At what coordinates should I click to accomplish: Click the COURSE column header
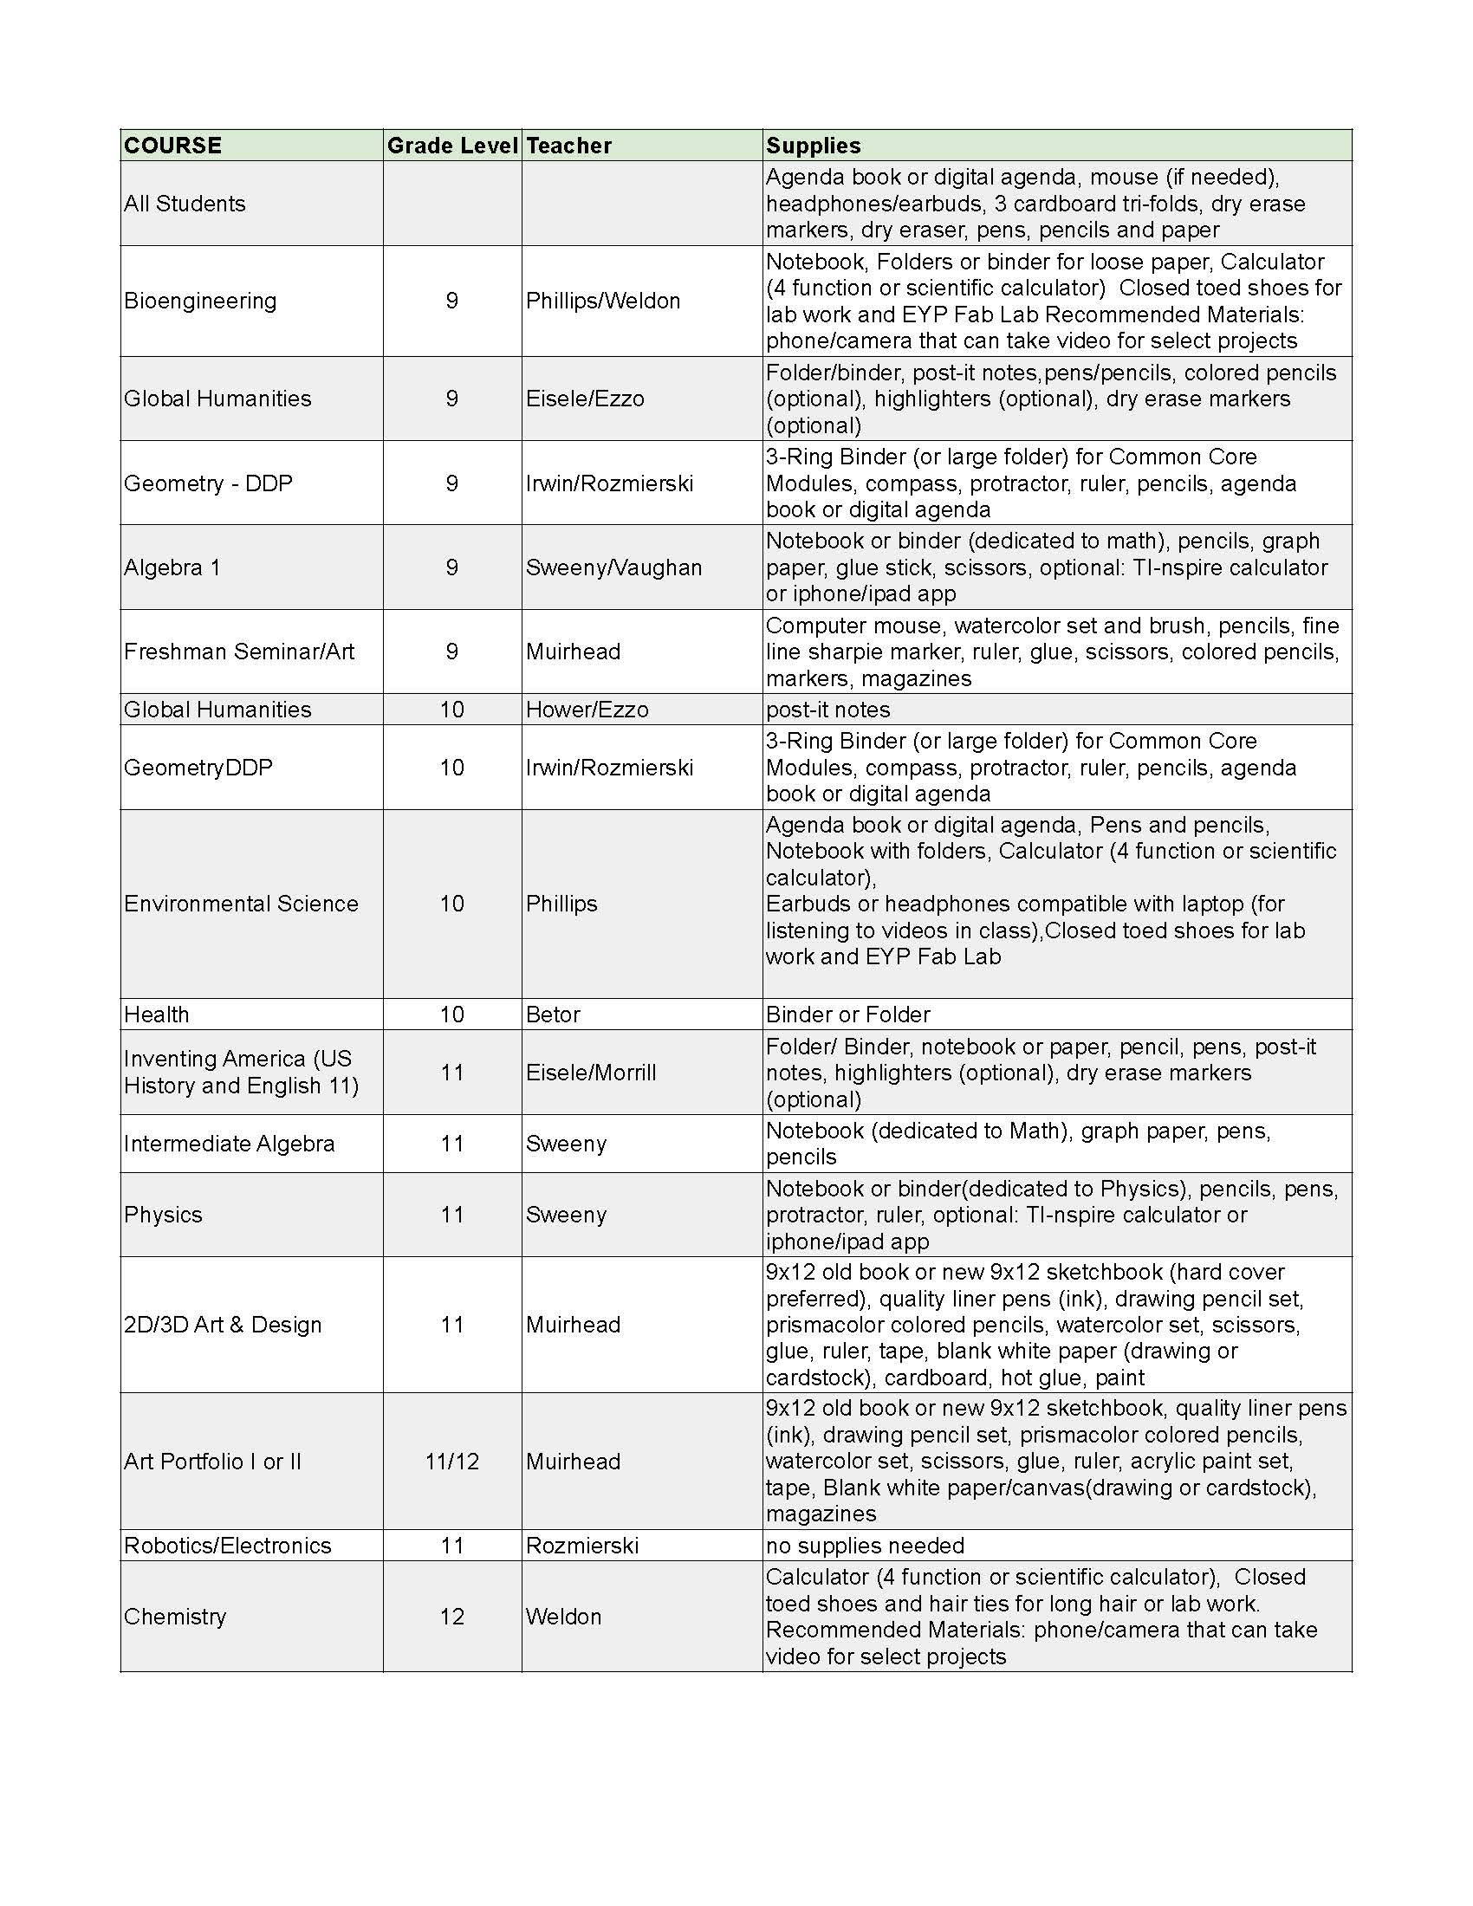[x=172, y=146]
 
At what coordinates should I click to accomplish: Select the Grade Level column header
[x=452, y=146]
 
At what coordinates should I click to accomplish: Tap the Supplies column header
[x=814, y=146]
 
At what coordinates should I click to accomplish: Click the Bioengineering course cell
[x=200, y=301]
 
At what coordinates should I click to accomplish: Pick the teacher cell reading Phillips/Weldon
[x=603, y=301]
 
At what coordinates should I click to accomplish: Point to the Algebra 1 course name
[x=172, y=567]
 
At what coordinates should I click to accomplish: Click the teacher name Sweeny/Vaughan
[x=613, y=567]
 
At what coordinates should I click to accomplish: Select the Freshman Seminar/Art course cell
[x=238, y=652]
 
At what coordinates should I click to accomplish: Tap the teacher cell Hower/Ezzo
[x=587, y=710]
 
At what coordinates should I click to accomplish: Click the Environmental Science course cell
[x=241, y=904]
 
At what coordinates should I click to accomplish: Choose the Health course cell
[x=156, y=1015]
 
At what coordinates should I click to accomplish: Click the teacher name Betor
[x=554, y=1015]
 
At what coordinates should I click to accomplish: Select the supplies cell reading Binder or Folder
[x=847, y=1015]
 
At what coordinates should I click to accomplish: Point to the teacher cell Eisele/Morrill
[x=591, y=1073]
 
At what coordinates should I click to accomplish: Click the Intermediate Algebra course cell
[x=229, y=1144]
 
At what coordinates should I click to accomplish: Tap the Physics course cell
[x=163, y=1215]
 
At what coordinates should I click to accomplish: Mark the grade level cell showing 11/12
[x=452, y=1462]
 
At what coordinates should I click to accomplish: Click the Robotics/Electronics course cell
[x=227, y=1546]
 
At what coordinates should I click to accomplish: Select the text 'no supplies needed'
[x=865, y=1546]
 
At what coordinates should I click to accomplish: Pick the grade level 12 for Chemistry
[x=452, y=1617]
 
